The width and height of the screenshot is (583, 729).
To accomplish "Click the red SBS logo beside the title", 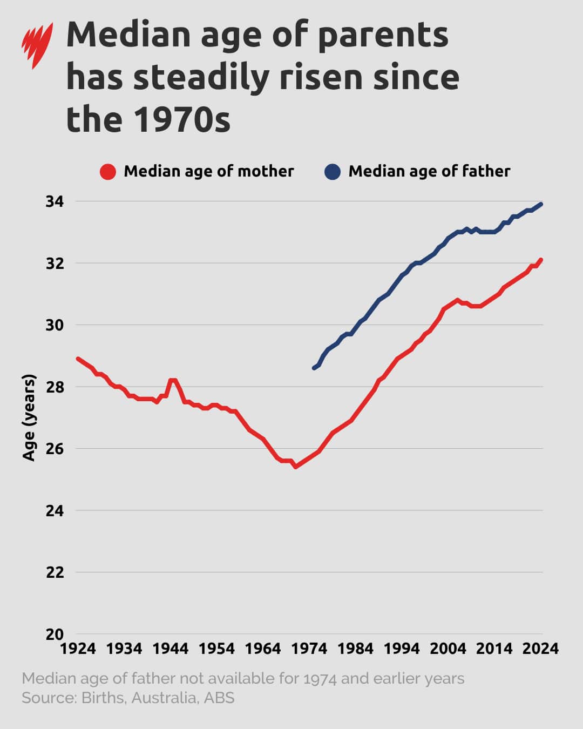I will (x=37, y=45).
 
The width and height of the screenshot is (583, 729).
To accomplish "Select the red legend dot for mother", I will (x=108, y=172).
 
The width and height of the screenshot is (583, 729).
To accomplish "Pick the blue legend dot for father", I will (x=333, y=172).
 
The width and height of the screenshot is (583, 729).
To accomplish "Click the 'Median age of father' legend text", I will (x=429, y=171).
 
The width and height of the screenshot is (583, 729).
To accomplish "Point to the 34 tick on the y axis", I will (x=54, y=201).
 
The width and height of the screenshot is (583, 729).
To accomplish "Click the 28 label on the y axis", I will (x=54, y=387).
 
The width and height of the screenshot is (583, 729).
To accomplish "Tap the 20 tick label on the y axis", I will (x=54, y=634).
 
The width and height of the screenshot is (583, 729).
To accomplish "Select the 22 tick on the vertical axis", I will (x=54, y=572).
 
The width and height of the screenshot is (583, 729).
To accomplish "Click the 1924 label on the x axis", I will (x=78, y=649).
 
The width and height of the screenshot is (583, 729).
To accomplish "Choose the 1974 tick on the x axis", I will (x=309, y=649).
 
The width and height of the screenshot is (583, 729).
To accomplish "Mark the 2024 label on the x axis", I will (x=541, y=649).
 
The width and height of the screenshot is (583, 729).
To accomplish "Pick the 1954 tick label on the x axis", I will (x=217, y=649).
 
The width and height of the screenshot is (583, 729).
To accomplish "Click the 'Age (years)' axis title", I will (x=29, y=417).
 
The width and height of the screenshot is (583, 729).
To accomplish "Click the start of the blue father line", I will (x=314, y=368).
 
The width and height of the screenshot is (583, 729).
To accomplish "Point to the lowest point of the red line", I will (x=295, y=467).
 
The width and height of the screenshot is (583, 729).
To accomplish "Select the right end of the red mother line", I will (x=541, y=260).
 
